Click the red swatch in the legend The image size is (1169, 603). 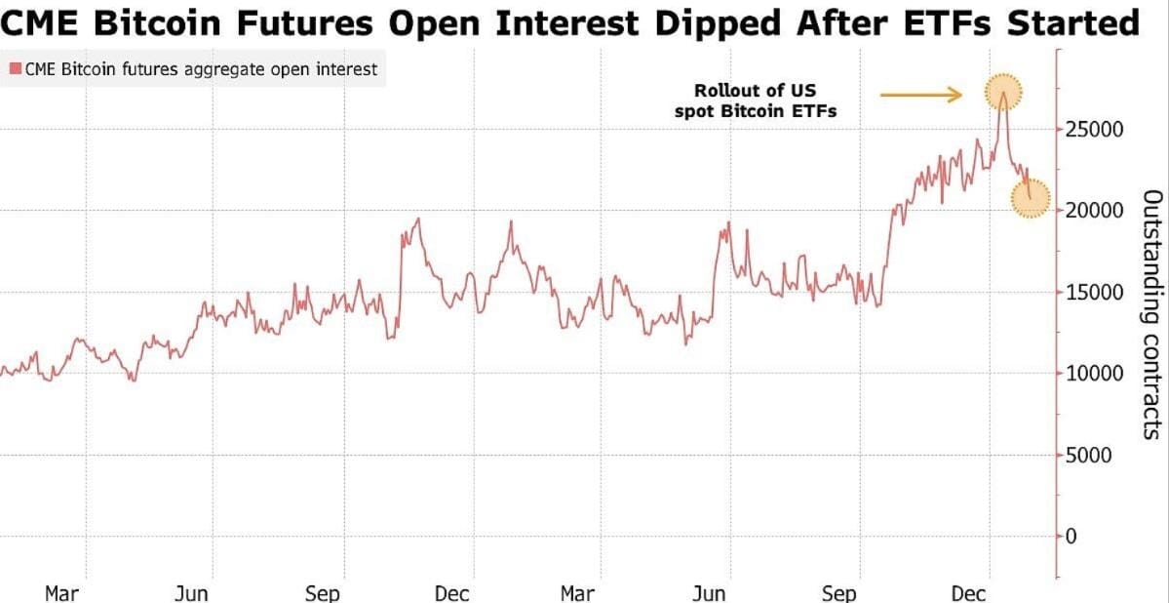tap(15, 69)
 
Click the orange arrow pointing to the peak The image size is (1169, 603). tap(921, 95)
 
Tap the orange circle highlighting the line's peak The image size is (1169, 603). tap(1003, 93)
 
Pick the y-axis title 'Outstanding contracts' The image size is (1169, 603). tap(1151, 314)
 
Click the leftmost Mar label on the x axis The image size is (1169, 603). tap(61, 593)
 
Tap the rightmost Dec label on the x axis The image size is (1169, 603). tap(968, 593)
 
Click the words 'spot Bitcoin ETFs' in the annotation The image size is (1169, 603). tap(756, 111)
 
